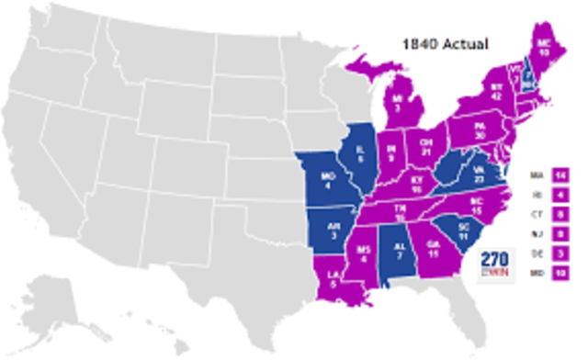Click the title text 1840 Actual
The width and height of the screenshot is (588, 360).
448,43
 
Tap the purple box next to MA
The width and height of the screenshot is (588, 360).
559,174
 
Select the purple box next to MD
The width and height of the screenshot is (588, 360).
559,273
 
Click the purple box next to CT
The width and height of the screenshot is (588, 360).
559,214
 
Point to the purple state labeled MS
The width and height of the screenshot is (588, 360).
365,253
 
